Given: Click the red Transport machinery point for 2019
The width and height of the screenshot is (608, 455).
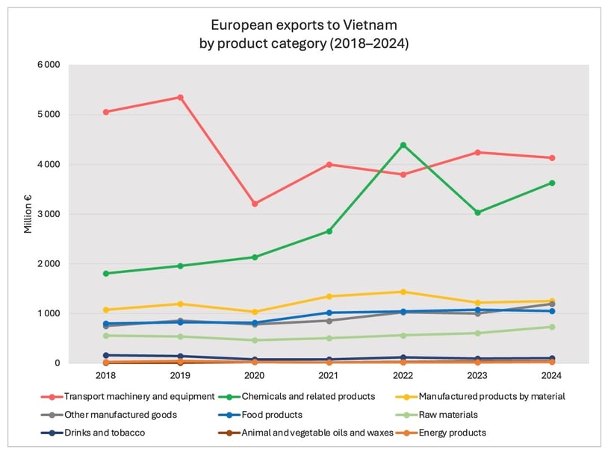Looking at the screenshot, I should (x=181, y=97).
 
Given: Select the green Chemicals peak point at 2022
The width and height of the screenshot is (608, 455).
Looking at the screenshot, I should (x=403, y=145).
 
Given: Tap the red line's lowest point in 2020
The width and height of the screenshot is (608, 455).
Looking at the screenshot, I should (x=255, y=204).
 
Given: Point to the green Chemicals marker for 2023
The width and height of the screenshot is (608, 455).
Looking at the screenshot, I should (x=477, y=213).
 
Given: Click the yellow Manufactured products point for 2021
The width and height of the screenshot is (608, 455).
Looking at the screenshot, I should (x=329, y=296).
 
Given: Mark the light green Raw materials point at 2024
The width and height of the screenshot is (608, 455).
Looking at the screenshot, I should (x=551, y=327).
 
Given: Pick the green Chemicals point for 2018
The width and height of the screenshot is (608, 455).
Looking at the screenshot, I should (x=106, y=274).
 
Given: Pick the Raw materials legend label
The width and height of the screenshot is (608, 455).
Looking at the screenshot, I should (x=456, y=415).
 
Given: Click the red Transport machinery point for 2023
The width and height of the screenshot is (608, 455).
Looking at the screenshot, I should (x=477, y=152).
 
